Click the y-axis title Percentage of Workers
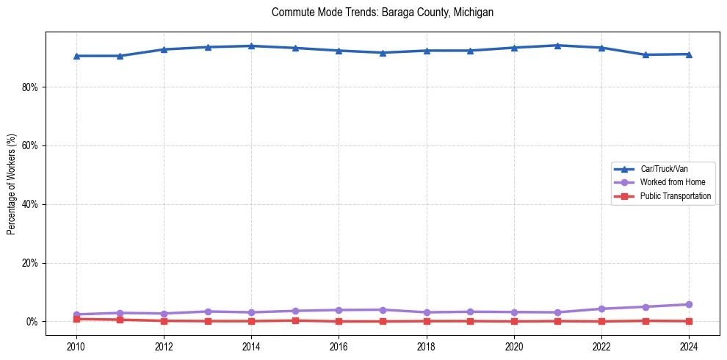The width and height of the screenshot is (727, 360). (x=11, y=184)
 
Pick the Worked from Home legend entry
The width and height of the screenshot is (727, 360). (x=669, y=182)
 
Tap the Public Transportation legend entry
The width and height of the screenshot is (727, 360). (x=675, y=196)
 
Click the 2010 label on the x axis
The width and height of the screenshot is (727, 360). (x=76, y=345)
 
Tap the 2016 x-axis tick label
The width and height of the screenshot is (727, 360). (x=339, y=345)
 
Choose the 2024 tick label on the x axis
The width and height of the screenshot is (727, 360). (x=689, y=345)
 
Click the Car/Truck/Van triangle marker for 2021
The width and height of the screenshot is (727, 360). (x=557, y=46)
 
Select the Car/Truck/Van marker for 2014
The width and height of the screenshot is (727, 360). (x=251, y=46)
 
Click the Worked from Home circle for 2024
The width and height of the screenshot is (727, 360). (x=689, y=304)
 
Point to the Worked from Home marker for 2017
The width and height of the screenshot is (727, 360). (x=383, y=309)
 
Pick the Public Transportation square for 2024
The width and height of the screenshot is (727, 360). (x=689, y=321)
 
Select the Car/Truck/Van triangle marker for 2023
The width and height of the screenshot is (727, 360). (x=645, y=54)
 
